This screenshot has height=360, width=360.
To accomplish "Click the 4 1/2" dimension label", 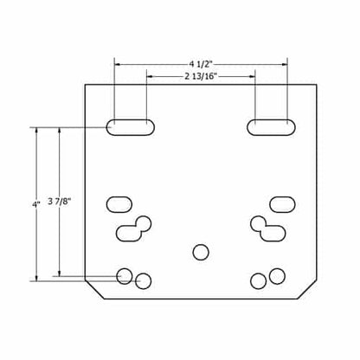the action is click(201, 64).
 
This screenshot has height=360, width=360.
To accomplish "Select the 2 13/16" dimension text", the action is click(201, 76).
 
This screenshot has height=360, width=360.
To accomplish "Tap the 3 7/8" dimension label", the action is click(60, 201).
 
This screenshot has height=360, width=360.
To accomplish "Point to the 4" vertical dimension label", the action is click(36, 204).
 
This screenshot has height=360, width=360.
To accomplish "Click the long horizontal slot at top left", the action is click(131, 127).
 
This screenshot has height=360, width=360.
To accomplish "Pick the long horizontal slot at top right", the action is click(271, 127).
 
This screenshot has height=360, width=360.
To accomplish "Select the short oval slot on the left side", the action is click(119, 204).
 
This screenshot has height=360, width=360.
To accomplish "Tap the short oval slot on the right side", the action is click(282, 204).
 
